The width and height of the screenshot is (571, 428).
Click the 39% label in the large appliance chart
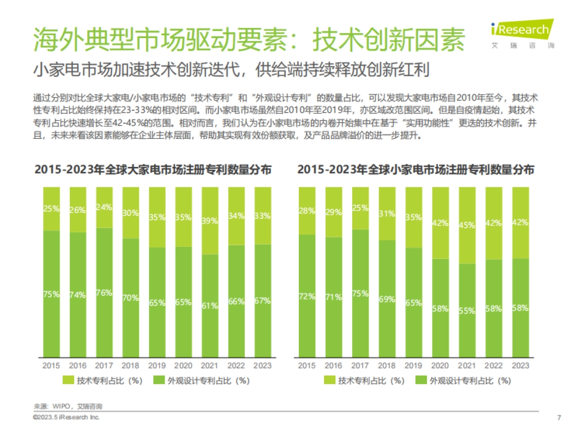(209, 221)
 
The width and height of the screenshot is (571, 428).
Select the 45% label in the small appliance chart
(466, 226)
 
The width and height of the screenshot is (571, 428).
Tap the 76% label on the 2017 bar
(104, 292)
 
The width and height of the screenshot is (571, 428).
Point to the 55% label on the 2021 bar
(466, 311)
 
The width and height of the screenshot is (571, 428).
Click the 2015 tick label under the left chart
(51, 366)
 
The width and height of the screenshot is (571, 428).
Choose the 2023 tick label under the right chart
(520, 366)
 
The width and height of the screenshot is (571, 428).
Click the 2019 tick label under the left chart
(157, 366)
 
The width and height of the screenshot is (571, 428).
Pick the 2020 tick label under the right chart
(440, 366)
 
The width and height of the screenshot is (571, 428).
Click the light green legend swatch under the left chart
(69, 380)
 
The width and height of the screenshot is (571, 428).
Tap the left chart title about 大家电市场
(153, 170)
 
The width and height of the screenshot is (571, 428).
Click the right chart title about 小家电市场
(415, 170)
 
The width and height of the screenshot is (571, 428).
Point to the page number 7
(559, 418)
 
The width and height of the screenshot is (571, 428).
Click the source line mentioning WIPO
(68, 407)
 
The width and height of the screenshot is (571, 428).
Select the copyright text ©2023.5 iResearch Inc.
(66, 417)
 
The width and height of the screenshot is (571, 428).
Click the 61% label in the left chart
(209, 306)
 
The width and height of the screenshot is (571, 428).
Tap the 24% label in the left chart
(104, 207)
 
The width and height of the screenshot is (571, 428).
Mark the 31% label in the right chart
(387, 214)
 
